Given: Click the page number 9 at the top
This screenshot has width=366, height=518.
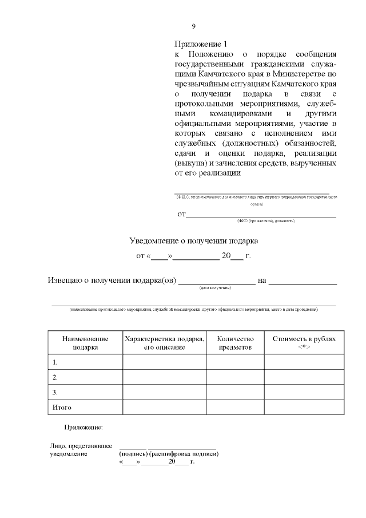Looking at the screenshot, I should coord(193,26).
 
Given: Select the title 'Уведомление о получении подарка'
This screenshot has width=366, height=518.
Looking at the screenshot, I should coord(194,241).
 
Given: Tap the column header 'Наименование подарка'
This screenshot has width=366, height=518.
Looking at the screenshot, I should coord(85,342).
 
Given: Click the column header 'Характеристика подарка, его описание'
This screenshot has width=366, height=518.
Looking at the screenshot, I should coord(164,342).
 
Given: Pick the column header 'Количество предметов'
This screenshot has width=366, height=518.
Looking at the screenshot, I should coord(235,342).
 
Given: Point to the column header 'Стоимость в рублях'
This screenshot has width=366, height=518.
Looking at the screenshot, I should coord(304,338).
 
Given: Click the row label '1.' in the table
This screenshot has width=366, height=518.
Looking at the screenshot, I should coord(55,362).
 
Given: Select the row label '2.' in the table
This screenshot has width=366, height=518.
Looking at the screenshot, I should coord(55,377).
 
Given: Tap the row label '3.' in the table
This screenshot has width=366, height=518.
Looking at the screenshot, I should coord(55,392).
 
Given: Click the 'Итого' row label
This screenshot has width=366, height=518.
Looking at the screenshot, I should coord(61,408).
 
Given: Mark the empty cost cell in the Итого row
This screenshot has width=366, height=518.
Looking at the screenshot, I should coord(304,408).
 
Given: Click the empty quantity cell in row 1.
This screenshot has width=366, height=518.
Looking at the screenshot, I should coord(235,362).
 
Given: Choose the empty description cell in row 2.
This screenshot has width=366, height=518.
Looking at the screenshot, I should coord(164,377).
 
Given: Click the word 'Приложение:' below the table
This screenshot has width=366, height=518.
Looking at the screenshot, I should coord(83,427).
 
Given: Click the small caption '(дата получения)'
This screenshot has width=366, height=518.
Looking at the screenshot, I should coord(215,288).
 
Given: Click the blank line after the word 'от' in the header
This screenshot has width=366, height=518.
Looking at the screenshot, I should coord(261,215).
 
